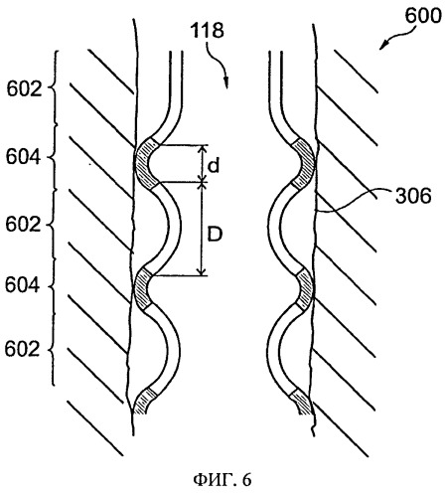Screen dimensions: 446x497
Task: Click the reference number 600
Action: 423,16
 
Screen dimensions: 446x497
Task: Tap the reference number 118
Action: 207,30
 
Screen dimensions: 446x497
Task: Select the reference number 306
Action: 413,196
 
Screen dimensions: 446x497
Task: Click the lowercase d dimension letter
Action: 214,165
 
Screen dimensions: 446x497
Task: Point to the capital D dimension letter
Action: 215,235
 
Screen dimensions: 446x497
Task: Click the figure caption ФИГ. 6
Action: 223,479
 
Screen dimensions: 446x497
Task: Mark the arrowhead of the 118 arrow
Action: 226,83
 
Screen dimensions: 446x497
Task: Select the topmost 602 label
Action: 25,88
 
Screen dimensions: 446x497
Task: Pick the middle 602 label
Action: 23,225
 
